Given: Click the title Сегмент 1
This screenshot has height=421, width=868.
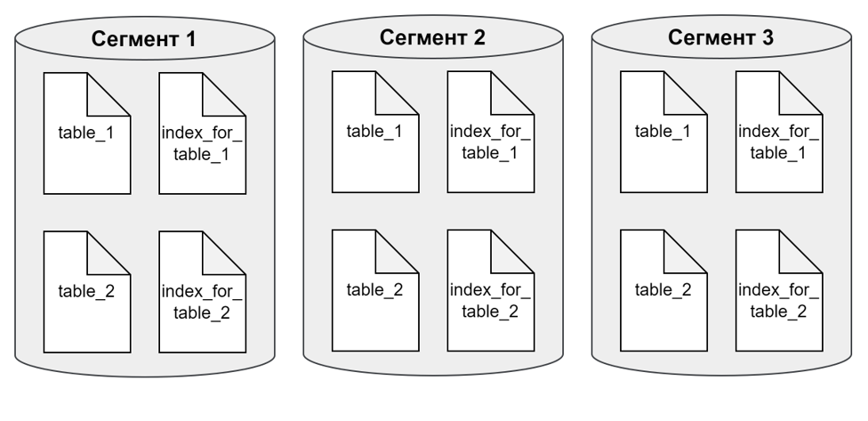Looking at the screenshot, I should pyautogui.click(x=143, y=40).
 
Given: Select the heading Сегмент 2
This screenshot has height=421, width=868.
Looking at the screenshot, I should pyautogui.click(x=432, y=37).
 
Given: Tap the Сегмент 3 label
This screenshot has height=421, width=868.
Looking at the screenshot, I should pyautogui.click(x=720, y=37).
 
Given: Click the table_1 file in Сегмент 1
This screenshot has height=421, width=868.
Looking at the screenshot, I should pyautogui.click(x=86, y=134).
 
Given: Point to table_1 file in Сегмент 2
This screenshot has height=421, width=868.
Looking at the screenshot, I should pyautogui.click(x=374, y=132).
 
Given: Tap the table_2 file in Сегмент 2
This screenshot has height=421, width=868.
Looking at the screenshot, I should pyautogui.click(x=374, y=289).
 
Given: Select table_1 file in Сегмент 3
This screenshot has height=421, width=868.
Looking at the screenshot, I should pyautogui.click(x=663, y=132).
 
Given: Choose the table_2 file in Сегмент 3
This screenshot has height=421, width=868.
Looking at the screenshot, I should pyautogui.click(x=663, y=289).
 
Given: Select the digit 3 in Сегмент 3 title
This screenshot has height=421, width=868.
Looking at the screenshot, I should pyautogui.click(x=768, y=37).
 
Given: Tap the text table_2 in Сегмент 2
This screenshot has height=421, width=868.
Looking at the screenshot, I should pyautogui.click(x=374, y=290).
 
